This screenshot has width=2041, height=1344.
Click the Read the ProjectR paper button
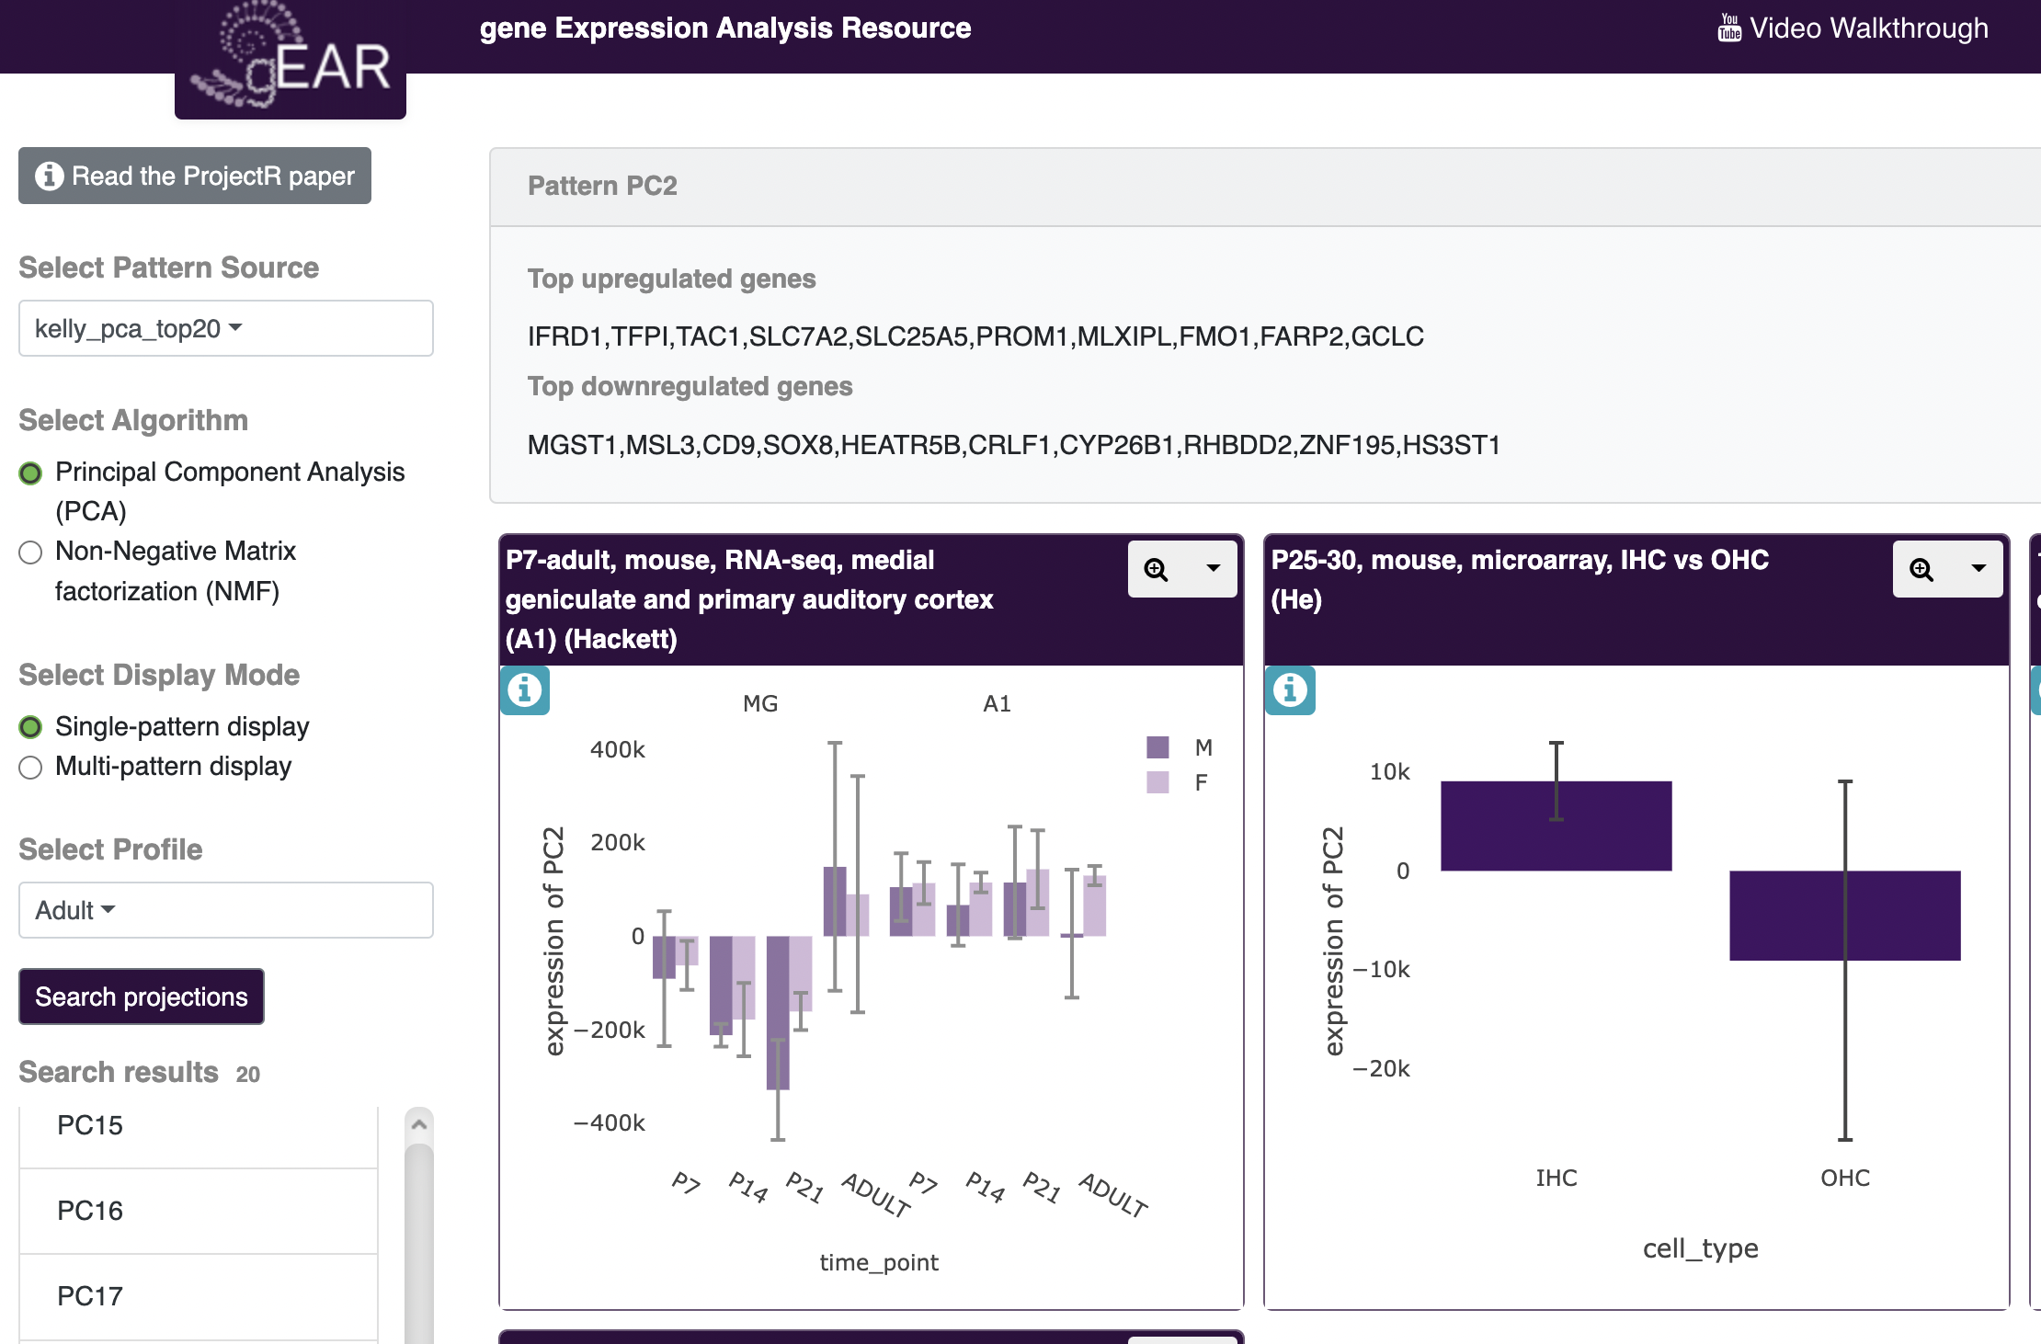click(195, 176)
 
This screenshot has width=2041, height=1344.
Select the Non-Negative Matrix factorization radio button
click(30, 552)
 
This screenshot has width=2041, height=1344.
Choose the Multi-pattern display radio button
click(30, 768)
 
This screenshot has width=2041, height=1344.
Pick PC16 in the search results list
click(90, 1211)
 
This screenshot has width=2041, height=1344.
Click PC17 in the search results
click(90, 1296)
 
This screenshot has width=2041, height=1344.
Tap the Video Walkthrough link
click(1853, 28)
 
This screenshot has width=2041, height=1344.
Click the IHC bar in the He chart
click(1556, 826)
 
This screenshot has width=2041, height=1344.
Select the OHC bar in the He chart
click(1844, 916)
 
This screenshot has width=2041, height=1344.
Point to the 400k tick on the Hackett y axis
click(618, 749)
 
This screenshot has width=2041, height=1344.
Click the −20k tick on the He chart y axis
click(1381, 1068)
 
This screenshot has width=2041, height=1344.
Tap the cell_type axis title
click(1700, 1248)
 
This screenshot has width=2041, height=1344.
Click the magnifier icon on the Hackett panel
click(1156, 570)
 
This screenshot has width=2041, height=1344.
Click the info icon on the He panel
click(1290, 689)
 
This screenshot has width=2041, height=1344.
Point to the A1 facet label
click(997, 703)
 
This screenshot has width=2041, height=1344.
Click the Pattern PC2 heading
click(602, 186)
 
